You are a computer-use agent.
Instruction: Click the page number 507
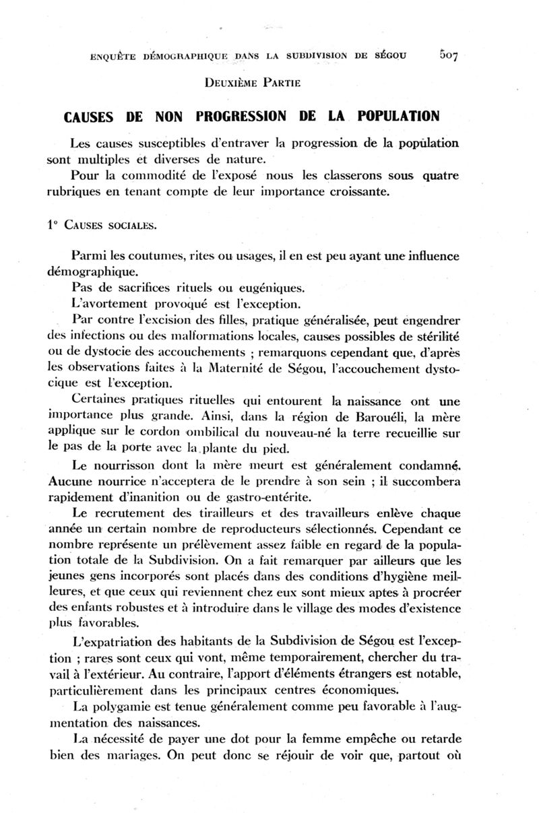click(447, 55)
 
